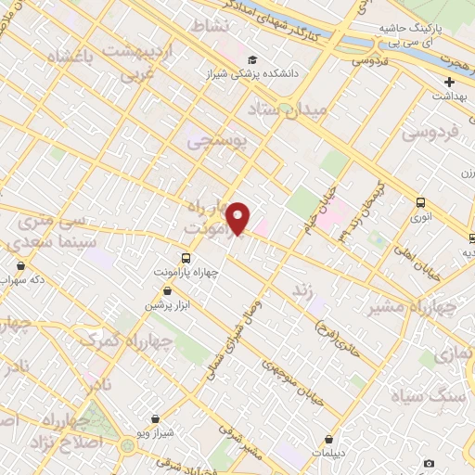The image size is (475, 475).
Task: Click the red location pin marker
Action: [238, 218]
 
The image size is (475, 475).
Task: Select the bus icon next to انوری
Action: [421, 202]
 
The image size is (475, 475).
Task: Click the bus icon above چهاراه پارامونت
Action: [186, 258]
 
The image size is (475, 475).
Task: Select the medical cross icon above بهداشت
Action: [450, 82]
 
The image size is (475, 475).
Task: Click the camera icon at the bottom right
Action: [429, 463]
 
